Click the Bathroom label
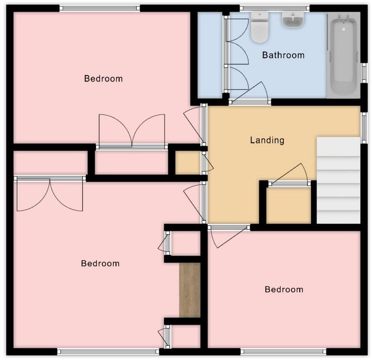(x=283, y=55)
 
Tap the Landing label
(x=267, y=140)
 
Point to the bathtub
(x=343, y=55)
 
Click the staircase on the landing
(x=338, y=180)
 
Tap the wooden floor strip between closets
(x=190, y=290)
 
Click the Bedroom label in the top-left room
(x=103, y=79)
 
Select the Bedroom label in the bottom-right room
(x=284, y=289)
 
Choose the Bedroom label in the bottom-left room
(x=100, y=263)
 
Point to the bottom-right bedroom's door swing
(x=225, y=236)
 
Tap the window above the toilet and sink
(x=274, y=8)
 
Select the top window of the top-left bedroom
(x=99, y=8)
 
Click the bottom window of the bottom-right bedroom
(x=283, y=351)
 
